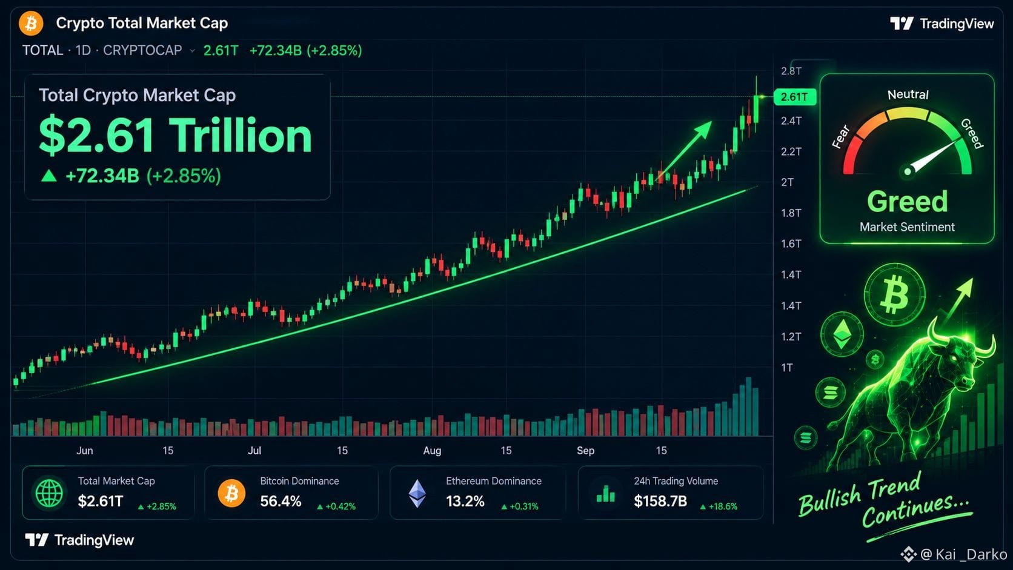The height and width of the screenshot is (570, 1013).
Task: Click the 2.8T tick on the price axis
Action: (791, 71)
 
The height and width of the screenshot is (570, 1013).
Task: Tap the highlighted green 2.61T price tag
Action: (794, 97)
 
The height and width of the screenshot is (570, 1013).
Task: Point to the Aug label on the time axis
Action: (432, 451)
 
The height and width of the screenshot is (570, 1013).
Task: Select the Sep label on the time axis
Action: (586, 451)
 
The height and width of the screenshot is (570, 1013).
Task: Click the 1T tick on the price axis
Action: (787, 368)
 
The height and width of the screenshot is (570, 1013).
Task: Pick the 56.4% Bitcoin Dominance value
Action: (281, 501)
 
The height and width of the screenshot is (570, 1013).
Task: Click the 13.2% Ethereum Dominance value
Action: (465, 501)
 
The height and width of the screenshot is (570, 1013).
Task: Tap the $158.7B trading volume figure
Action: (660, 501)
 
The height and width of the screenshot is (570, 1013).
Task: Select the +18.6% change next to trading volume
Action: (719, 507)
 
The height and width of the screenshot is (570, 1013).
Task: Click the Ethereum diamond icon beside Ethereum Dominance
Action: (417, 493)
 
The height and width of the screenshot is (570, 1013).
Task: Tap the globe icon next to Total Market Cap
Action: (49, 493)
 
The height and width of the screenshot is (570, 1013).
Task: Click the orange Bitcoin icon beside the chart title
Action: (31, 23)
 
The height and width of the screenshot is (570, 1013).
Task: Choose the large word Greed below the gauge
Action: (907, 202)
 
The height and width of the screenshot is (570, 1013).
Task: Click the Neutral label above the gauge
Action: (908, 94)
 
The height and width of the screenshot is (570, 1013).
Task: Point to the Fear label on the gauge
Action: (841, 137)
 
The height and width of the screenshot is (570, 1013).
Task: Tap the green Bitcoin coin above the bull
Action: (894, 294)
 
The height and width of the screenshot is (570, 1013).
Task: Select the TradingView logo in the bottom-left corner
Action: (79, 540)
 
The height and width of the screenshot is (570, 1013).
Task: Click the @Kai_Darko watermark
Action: (954, 554)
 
